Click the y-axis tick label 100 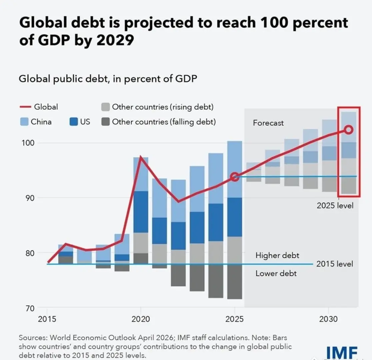pos(28,143)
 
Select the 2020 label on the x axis pos(140,318)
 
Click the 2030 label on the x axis pos(329,318)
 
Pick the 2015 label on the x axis pos(47,318)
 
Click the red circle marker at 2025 pos(235,177)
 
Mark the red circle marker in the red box pos(348,130)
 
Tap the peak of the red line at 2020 pos(140,157)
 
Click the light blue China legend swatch pos(24,122)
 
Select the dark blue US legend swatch pos(73,122)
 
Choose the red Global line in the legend pos(24,107)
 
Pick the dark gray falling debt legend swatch pos(105,122)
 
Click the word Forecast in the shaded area pos(268,123)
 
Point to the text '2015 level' pos(334,264)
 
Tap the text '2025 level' pos(335,205)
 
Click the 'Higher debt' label pos(277,256)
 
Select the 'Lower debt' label pos(276,274)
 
